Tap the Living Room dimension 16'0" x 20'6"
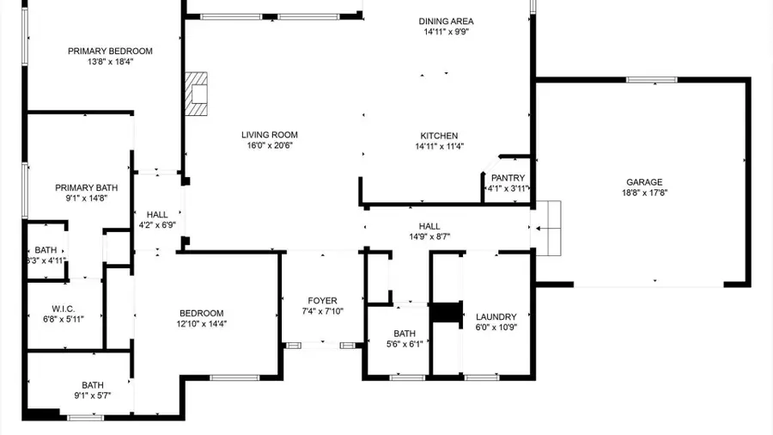(269, 146)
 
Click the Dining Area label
(446, 21)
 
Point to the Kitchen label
(439, 136)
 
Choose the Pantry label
(508, 178)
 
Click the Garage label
(643, 182)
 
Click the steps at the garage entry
(547, 228)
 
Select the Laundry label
(496, 316)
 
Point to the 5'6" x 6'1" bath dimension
(405, 344)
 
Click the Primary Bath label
(87, 187)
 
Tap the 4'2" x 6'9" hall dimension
(157, 225)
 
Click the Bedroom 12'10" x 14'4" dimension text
(202, 323)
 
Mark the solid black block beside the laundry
(446, 312)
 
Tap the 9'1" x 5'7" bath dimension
(93, 395)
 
